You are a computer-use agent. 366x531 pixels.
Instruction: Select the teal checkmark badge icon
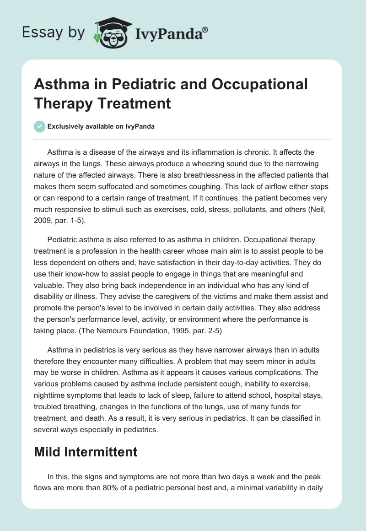[40, 126]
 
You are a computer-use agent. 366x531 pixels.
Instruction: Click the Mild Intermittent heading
[86, 452]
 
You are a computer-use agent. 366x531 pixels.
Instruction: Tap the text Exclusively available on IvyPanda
[101, 127]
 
